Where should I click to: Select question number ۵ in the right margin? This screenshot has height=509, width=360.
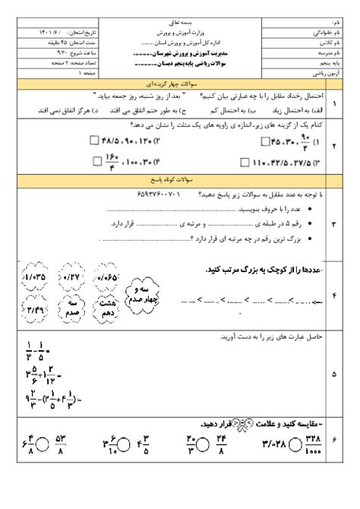coord(335,374)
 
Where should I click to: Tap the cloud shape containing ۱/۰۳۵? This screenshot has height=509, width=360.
coord(36,277)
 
